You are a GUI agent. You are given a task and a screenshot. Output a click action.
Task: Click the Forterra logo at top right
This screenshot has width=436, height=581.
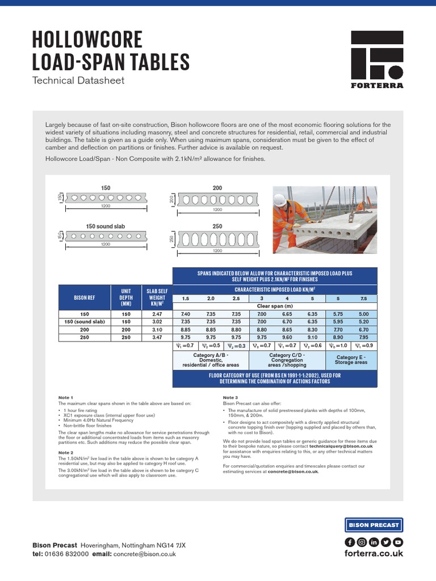point(377,59)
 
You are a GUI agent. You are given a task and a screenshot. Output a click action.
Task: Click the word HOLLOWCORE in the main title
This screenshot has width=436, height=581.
point(87,41)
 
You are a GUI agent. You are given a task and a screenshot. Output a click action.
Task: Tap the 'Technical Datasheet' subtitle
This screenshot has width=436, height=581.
point(78,81)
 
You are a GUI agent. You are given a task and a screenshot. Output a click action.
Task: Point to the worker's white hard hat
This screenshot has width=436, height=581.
point(279,200)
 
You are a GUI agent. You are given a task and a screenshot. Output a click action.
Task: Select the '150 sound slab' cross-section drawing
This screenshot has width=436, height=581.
point(106,236)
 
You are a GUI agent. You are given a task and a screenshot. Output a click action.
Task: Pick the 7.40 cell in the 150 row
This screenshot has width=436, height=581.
point(186,314)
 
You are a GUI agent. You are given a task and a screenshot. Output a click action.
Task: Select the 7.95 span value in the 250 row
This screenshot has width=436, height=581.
point(363,337)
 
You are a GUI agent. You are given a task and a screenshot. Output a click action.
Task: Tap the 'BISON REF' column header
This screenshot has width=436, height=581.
point(85,297)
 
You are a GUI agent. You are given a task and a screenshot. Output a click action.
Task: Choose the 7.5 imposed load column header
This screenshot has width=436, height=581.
point(363,298)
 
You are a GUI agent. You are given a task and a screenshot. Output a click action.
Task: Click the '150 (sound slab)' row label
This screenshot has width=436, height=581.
point(85,322)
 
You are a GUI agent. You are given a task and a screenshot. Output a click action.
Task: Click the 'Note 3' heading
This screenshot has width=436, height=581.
point(230,397)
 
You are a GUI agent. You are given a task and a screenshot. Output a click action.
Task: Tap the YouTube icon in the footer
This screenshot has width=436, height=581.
point(398,541)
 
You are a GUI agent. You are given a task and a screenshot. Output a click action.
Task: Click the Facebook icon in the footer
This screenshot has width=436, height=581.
point(350,541)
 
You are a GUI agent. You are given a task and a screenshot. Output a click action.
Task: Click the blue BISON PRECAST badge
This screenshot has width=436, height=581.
point(374,525)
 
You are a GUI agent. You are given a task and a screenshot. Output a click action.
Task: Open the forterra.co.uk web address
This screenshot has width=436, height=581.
point(374,553)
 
